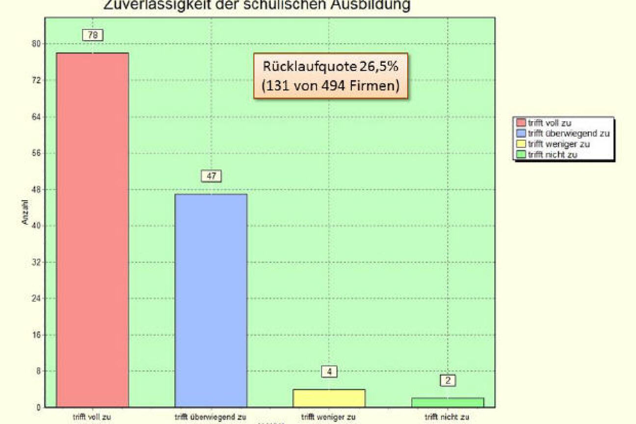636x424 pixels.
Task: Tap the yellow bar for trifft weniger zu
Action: pos(329,398)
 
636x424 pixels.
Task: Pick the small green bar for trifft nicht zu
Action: pos(448,402)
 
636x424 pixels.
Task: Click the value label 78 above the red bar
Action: pos(92,35)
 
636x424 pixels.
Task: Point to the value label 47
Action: pos(211,176)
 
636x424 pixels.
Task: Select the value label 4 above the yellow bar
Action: pos(329,371)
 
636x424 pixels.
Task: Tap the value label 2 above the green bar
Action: pos(448,380)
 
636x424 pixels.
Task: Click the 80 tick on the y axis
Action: pos(35,44)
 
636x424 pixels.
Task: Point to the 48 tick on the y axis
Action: pos(35,189)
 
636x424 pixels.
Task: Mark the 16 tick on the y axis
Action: pos(35,335)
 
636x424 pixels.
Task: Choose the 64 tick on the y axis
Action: pos(35,117)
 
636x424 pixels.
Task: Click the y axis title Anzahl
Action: pos(25,214)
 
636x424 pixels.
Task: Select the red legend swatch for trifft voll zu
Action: pos(520,123)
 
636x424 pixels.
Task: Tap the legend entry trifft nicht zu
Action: pos(553,155)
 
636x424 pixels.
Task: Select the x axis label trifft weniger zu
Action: pos(328,418)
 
